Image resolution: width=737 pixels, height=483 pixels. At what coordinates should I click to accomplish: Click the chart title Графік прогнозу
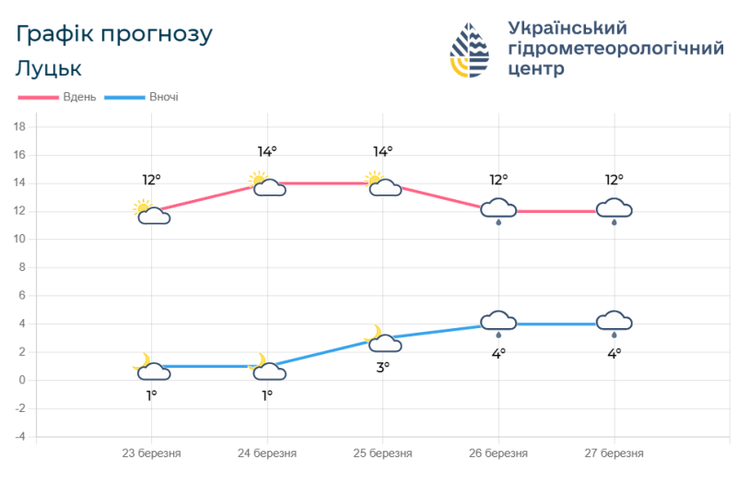tap(114, 35)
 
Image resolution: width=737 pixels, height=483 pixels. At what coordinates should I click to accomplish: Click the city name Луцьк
tap(49, 68)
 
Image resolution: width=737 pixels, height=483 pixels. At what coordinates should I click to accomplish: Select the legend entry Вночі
tap(163, 97)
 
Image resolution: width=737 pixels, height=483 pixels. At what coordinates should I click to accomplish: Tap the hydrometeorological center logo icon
tap(470, 51)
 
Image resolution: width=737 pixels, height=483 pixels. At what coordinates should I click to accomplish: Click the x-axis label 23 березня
tap(152, 454)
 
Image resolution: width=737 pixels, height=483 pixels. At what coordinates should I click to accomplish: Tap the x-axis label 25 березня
tap(382, 454)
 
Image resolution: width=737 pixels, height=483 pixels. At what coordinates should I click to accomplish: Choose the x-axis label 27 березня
tap(614, 454)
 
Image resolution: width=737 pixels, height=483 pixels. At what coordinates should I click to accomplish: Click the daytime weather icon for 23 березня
tap(151, 212)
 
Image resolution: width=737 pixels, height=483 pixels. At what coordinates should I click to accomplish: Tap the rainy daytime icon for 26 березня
tap(498, 211)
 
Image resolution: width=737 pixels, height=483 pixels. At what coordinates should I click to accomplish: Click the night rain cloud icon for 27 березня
tap(614, 323)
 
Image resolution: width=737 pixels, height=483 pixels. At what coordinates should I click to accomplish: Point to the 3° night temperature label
tap(382, 366)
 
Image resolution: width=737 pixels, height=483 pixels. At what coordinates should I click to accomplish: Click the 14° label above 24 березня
tap(267, 151)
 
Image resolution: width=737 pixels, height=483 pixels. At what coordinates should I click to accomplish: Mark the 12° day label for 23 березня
tap(151, 179)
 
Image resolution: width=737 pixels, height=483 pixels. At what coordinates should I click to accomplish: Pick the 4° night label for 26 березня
tap(498, 352)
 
